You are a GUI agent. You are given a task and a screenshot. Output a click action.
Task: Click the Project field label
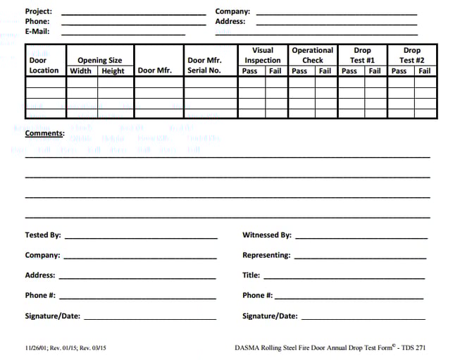38,11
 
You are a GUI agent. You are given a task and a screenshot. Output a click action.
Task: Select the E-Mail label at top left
38,32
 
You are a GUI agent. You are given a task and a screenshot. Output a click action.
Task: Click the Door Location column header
44,66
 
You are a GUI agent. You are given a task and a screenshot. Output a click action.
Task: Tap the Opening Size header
99,61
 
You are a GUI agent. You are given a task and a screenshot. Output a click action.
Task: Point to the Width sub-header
81,70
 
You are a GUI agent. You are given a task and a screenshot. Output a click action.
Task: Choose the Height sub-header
113,70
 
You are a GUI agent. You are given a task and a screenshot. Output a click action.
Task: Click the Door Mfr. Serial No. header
204,66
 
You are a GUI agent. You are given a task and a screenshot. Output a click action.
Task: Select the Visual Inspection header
263,56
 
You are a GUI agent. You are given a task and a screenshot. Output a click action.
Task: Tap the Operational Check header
312,56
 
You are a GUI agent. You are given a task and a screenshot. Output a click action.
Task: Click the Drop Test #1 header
362,56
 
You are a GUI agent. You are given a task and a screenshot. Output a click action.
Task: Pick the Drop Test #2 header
411,56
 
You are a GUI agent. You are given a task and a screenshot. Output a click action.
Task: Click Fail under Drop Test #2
425,70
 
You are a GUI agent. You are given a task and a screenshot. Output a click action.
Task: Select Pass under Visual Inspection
250,70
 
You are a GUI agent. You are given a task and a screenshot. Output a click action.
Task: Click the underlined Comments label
44,132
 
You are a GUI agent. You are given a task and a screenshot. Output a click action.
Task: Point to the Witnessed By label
266,235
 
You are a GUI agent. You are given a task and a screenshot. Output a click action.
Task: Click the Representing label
266,255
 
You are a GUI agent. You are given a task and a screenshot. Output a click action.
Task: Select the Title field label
251,275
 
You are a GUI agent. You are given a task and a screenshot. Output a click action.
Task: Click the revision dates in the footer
69,347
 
